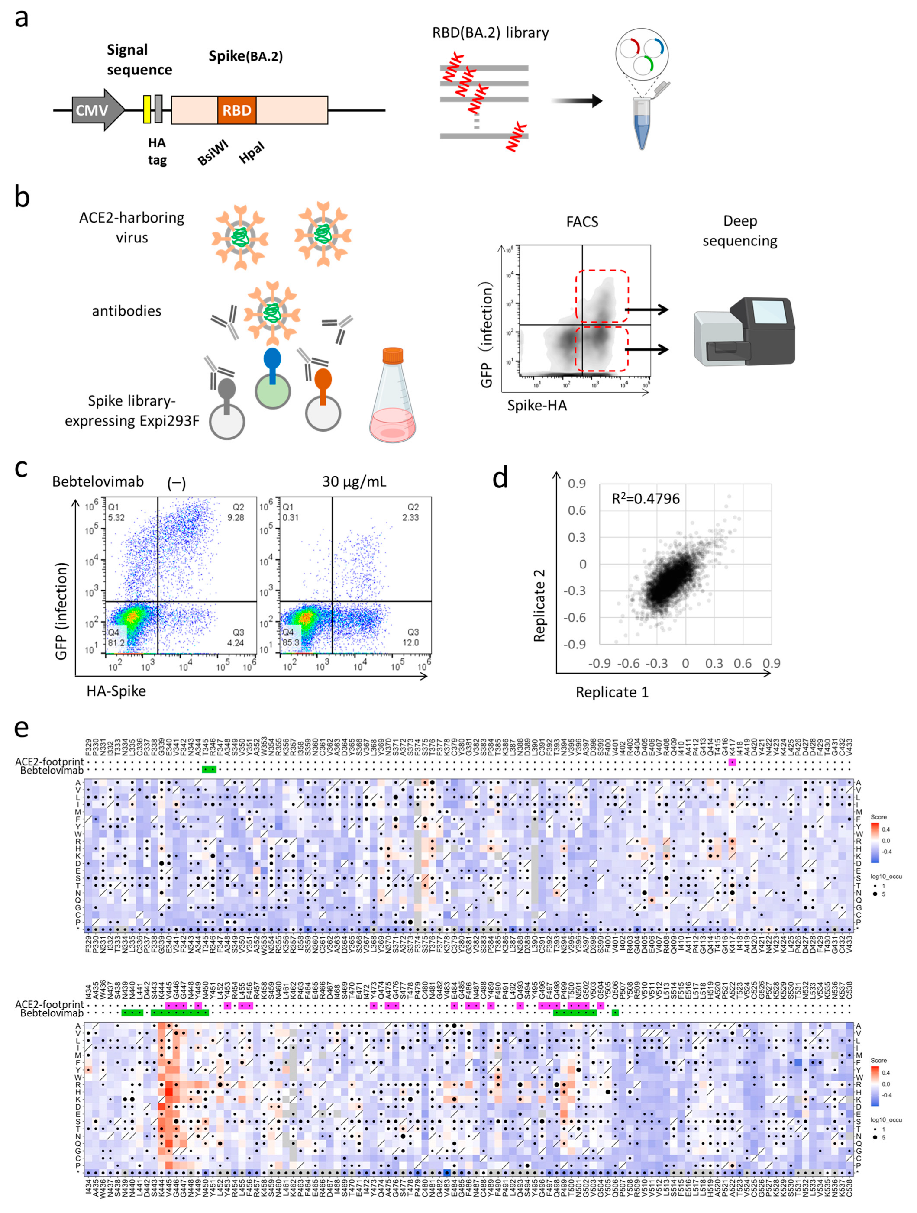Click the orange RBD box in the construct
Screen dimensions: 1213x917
pyautogui.click(x=236, y=110)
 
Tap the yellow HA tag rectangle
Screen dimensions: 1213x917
pyautogui.click(x=146, y=109)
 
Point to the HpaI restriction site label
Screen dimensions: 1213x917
pyautogui.click(x=251, y=152)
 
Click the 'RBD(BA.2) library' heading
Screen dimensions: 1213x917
pyautogui.click(x=490, y=33)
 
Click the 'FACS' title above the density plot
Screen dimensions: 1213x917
pyautogui.click(x=582, y=222)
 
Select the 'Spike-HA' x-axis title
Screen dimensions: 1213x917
pyautogui.click(x=537, y=405)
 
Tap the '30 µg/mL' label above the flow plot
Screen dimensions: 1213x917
pyautogui.click(x=354, y=481)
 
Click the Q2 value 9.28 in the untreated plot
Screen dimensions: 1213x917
pyautogui.click(x=236, y=518)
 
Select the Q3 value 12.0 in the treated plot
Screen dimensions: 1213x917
pyautogui.click(x=411, y=643)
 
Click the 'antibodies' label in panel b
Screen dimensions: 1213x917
pyautogui.click(x=127, y=311)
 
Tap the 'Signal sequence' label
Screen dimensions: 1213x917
pyautogui.click(x=139, y=60)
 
